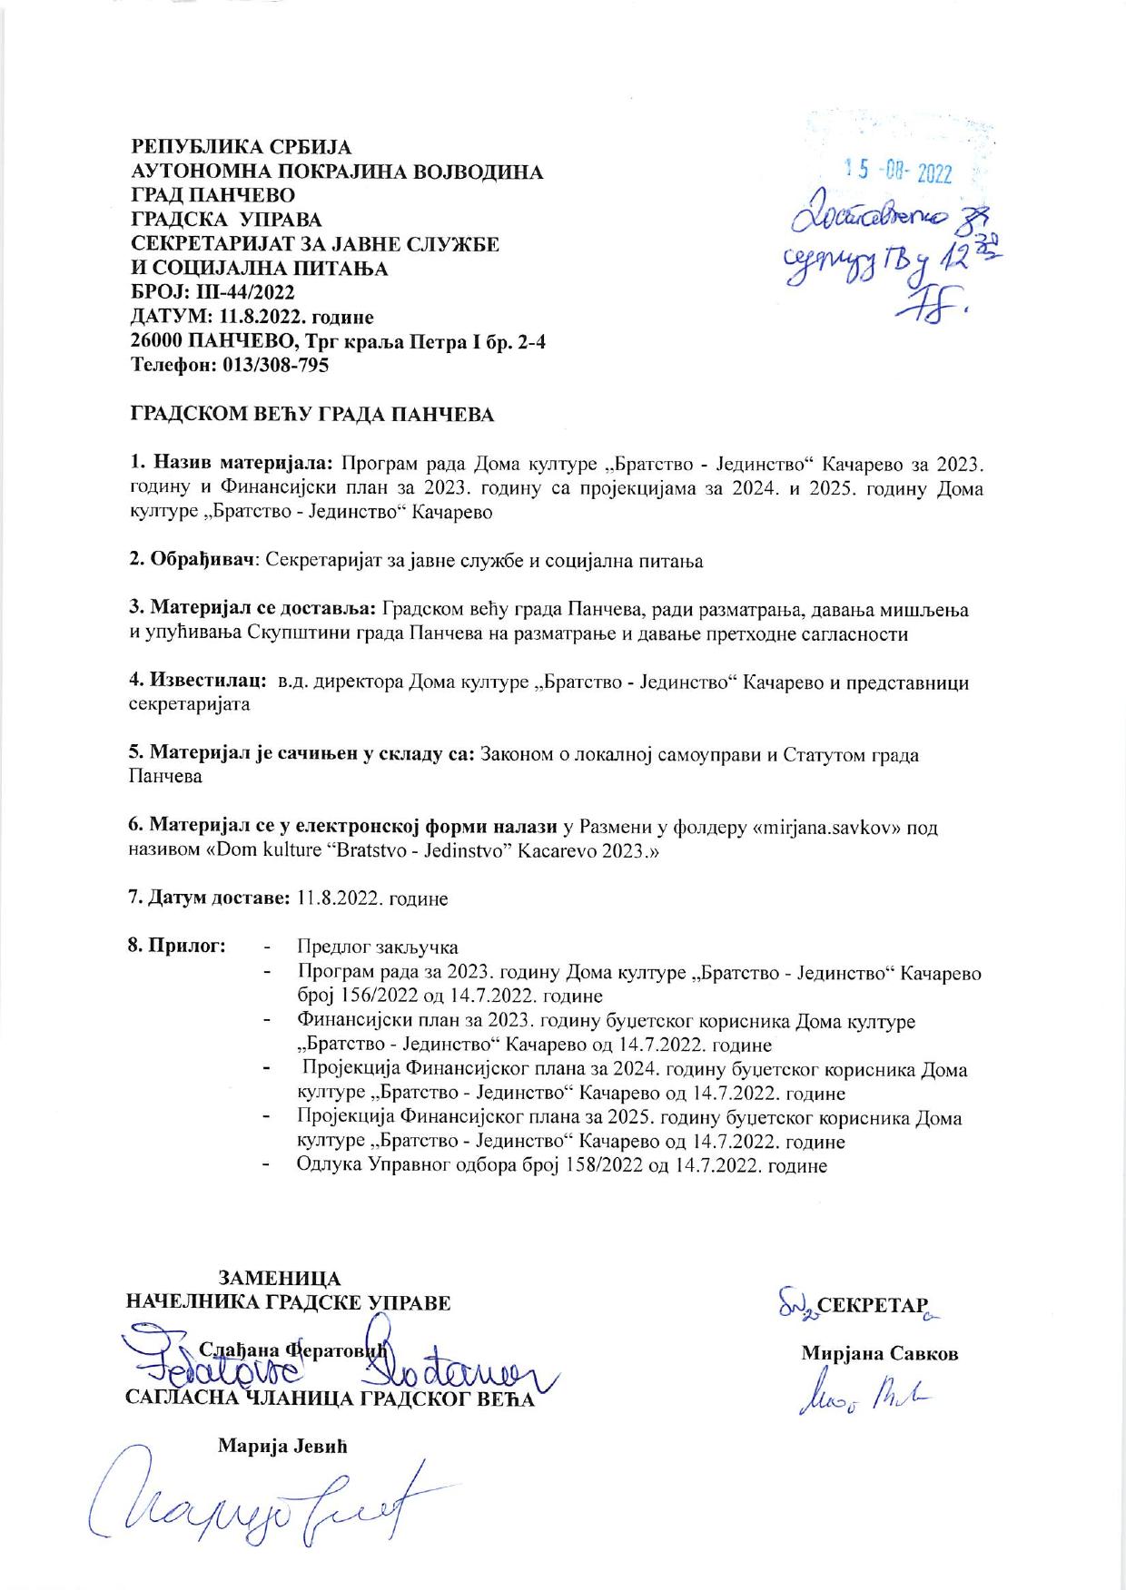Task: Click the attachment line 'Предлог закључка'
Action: pos(378,947)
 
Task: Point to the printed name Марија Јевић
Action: pos(283,1447)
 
